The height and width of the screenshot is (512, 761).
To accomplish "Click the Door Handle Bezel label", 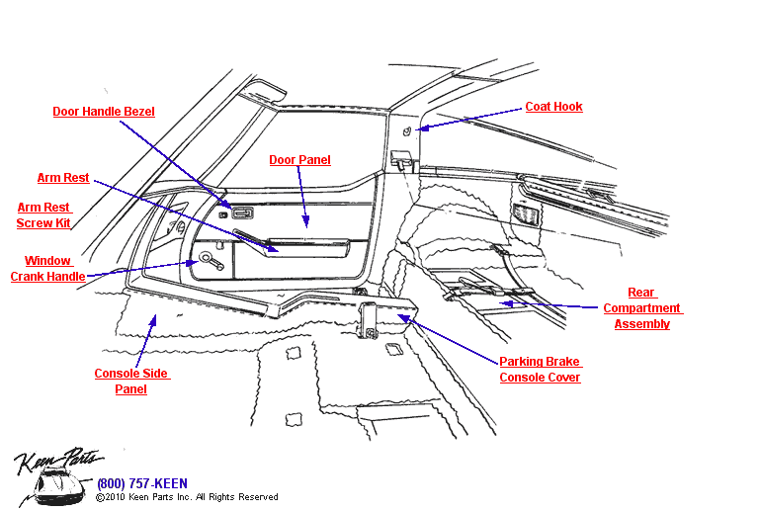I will click(x=104, y=112).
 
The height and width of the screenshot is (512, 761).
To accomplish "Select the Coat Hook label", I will click(x=553, y=107).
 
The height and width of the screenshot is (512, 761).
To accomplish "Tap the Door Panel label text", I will click(x=299, y=160).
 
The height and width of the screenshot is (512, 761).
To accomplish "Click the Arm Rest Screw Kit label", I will click(x=43, y=215).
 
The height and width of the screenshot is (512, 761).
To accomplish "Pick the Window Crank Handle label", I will click(x=47, y=269).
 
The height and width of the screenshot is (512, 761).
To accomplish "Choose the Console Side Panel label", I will click(x=130, y=382).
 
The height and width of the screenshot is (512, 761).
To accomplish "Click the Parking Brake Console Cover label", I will click(x=540, y=370).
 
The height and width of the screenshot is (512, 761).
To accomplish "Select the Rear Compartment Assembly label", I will click(x=642, y=308).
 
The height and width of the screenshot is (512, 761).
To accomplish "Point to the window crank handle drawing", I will click(x=211, y=260).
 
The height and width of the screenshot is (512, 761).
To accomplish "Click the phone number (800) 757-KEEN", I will click(x=141, y=483).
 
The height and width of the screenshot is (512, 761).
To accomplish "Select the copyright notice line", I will click(x=187, y=497).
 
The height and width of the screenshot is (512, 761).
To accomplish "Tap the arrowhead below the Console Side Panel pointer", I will click(x=153, y=318).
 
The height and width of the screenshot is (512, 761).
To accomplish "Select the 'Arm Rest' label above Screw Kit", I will click(x=63, y=178).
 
